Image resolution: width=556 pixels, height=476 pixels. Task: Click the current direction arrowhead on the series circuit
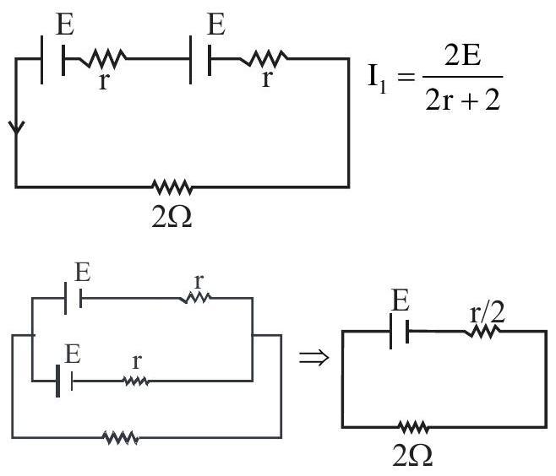tap(16, 127)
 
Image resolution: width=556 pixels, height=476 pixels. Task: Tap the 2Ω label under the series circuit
tap(172, 216)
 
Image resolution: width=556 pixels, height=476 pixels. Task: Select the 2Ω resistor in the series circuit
tap(172, 187)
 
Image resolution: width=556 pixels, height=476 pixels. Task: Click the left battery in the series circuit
tap(53, 59)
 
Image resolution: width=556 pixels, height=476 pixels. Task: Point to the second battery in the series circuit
tap(201, 59)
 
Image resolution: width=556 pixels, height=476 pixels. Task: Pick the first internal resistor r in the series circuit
tap(102, 59)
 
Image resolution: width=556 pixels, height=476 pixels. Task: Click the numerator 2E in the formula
tap(462, 56)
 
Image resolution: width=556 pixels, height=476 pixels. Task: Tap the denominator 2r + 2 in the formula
tap(463, 100)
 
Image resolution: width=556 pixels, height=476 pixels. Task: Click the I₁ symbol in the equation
tap(377, 78)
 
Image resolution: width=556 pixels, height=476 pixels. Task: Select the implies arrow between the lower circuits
tap(313, 357)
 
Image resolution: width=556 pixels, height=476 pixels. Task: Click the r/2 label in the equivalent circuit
tap(487, 313)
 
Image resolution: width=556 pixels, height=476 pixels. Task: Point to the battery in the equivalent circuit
tap(400, 331)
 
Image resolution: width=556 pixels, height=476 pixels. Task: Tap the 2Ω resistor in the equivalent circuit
tap(412, 427)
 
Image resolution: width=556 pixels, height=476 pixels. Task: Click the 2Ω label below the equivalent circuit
tap(412, 456)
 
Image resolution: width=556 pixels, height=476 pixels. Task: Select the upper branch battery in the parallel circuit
tap(74, 298)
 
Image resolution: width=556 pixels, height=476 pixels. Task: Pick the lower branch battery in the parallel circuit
tap(64, 381)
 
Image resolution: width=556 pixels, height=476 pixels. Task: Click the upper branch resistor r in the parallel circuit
tap(194, 298)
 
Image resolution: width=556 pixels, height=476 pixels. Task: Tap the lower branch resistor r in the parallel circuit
tap(136, 381)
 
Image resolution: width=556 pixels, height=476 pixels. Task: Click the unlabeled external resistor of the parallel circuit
tap(121, 438)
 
